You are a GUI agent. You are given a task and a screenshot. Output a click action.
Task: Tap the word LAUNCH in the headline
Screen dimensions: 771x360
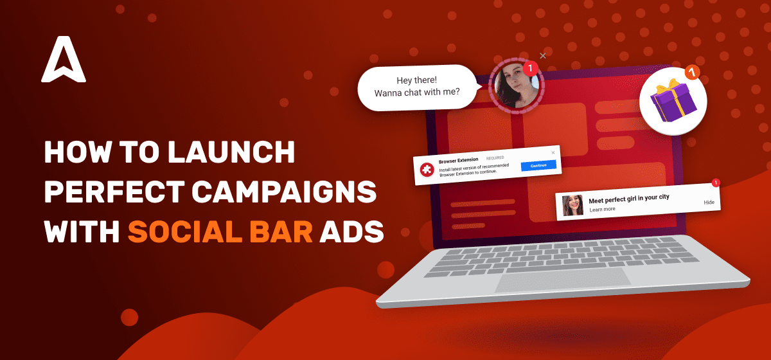pos(231,152)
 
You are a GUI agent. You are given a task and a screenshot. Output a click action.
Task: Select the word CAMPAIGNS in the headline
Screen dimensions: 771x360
pos(284,192)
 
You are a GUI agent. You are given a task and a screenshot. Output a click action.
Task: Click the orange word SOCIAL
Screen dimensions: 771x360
pos(185,231)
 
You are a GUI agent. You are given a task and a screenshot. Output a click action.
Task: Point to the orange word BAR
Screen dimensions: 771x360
pos(281,231)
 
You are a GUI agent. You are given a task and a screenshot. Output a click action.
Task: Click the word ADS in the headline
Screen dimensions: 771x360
pos(351,231)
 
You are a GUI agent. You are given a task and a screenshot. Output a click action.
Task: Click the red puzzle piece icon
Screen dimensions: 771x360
pos(427,170)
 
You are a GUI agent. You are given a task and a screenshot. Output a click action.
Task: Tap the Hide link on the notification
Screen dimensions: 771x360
pos(709,203)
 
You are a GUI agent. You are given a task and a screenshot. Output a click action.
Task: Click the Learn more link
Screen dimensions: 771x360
pos(602,209)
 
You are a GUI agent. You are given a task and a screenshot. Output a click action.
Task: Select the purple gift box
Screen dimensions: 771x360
pos(673,101)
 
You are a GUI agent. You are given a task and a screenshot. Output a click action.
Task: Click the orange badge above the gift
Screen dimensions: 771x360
pos(692,73)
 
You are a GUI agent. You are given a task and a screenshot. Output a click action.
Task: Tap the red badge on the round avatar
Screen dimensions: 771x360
pos(531,68)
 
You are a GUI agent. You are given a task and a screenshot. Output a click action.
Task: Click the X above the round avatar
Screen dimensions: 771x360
pos(543,56)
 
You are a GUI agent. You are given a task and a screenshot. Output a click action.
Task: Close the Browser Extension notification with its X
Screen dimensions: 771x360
pos(553,152)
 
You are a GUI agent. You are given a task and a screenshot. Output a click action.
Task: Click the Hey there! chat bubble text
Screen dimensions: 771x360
pos(417,87)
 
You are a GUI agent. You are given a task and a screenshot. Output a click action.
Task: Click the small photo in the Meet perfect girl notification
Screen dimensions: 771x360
pos(572,205)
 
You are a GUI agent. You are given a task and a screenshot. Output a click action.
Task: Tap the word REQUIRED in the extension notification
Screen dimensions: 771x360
pos(495,158)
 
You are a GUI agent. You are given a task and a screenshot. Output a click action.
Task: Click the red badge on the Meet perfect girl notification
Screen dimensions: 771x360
pos(716,183)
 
